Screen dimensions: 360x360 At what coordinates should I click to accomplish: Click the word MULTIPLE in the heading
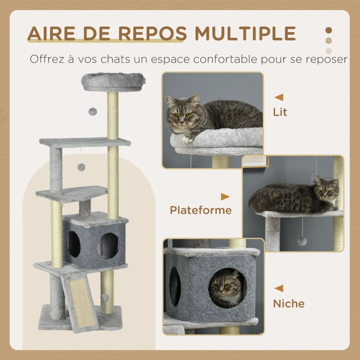245,33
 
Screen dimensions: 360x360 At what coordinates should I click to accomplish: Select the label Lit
280,111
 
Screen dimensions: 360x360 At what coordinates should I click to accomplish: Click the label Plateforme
201,210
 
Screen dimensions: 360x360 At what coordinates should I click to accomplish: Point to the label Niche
288,303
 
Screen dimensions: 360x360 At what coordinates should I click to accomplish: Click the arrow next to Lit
279,97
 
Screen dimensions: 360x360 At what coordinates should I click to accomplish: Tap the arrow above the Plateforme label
225,197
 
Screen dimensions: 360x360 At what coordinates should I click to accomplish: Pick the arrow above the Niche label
279,288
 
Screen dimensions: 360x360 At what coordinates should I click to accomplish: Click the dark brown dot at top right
329,30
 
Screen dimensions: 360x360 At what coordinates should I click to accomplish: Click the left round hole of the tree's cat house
73,245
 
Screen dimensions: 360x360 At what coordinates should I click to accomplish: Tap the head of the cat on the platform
325,189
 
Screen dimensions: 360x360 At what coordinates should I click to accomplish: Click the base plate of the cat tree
81,317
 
